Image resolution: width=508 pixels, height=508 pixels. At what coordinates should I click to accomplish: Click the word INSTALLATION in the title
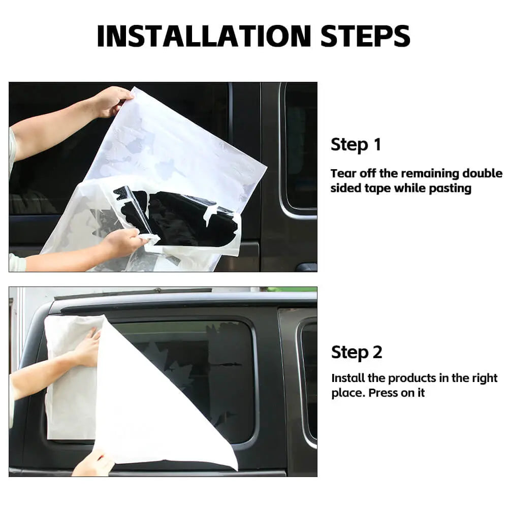(x=204, y=36)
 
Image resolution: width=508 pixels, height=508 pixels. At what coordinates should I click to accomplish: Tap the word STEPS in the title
(x=365, y=36)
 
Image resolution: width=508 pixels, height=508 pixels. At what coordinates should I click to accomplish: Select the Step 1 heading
(x=356, y=144)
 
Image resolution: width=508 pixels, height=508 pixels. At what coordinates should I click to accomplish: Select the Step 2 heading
(x=357, y=352)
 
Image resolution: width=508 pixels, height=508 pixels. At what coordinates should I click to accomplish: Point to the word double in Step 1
(x=482, y=173)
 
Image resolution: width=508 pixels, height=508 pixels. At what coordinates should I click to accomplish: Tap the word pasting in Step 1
(x=450, y=188)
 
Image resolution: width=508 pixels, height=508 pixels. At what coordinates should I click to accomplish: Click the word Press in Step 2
(x=383, y=393)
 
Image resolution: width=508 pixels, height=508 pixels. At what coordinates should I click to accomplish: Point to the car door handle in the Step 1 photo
(x=306, y=267)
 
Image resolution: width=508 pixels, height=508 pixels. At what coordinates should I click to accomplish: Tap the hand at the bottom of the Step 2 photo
(x=92, y=463)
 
